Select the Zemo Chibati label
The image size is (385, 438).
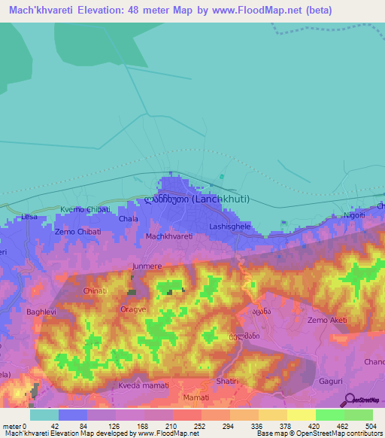point(77,232)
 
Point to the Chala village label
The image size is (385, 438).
point(128,219)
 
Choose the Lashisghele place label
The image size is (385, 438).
point(230,226)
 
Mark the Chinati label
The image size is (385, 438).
point(95,290)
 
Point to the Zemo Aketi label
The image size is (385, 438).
point(328,321)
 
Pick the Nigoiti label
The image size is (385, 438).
point(354,214)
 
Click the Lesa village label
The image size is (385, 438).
point(29,217)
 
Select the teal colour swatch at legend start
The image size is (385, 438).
point(44,415)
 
